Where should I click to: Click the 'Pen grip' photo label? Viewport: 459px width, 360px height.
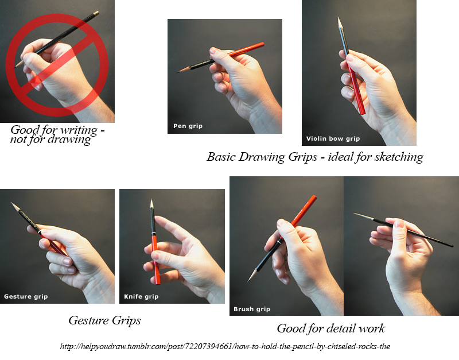(188, 126)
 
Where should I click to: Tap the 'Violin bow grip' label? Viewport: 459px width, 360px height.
(333, 138)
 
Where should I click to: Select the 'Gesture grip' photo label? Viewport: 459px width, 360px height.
(26, 296)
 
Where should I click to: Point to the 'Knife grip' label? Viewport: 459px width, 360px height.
(141, 296)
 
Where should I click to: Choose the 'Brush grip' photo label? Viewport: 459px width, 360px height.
(252, 309)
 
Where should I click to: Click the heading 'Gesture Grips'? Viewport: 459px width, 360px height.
(104, 320)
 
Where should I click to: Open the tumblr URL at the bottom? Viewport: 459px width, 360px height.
(225, 347)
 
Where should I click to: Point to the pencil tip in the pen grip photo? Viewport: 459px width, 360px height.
(177, 72)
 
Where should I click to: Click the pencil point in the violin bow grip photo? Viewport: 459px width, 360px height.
(339, 18)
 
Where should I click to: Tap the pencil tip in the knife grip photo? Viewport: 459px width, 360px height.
(151, 200)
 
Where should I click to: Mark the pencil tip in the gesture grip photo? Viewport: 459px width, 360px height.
(11, 203)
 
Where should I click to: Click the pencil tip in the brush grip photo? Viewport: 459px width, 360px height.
(248, 281)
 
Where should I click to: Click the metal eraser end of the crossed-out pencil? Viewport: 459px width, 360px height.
(96, 13)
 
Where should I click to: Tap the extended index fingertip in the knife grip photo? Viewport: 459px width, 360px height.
(157, 219)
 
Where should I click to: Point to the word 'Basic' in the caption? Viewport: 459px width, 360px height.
(221, 157)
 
